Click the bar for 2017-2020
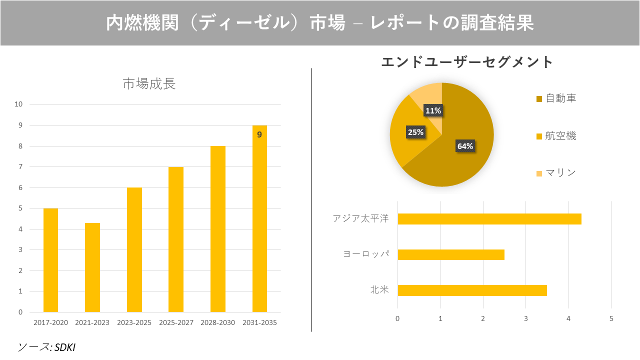[x=50, y=260]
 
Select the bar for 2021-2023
[x=92, y=267]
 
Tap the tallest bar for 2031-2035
[x=259, y=220]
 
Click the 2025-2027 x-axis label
[x=176, y=323]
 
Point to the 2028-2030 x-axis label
[x=218, y=323]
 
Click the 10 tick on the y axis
[x=19, y=104]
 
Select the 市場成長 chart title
[x=149, y=84]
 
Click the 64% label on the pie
[x=465, y=146]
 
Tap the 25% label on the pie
[x=415, y=132]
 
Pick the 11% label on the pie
[x=433, y=110]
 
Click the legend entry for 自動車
[x=556, y=98]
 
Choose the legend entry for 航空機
[x=556, y=136]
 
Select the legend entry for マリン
[x=556, y=173]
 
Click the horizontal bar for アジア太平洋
[x=489, y=219]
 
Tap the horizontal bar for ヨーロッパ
[x=450, y=254]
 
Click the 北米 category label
[x=379, y=290]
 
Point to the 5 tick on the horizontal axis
[x=611, y=318]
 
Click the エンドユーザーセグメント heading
[x=467, y=62]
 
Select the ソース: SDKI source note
[x=46, y=347]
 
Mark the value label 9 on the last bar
[x=259, y=134]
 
